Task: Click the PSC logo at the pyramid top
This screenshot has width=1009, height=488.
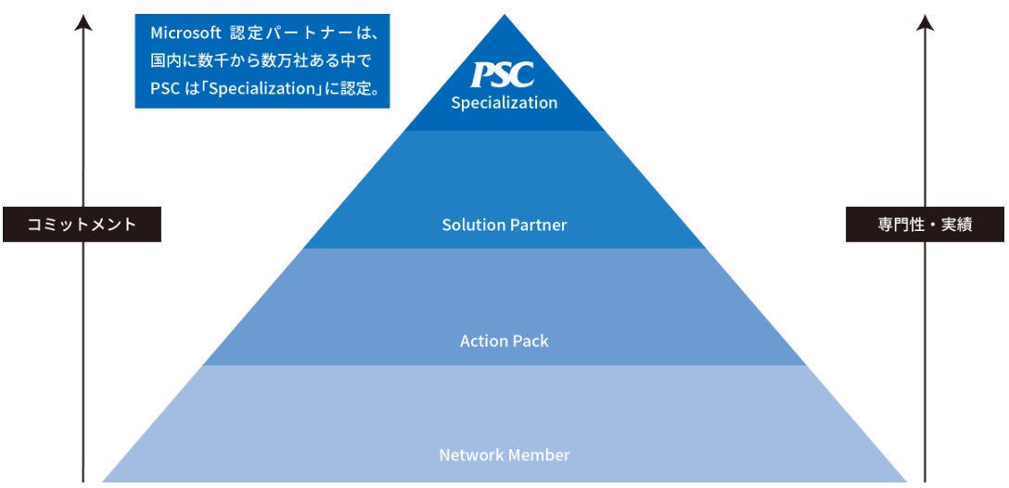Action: [x=503, y=75]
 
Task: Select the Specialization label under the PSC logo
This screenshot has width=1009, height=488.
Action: [x=504, y=103]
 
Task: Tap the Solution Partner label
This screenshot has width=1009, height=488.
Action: [x=504, y=225]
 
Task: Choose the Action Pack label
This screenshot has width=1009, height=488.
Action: [x=504, y=341]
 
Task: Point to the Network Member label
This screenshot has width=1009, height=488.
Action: [x=504, y=456]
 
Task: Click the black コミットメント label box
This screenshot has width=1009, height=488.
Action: [x=82, y=225]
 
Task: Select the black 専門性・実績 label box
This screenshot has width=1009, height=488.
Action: [x=925, y=225]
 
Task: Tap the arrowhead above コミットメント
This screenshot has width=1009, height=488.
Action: [x=83, y=22]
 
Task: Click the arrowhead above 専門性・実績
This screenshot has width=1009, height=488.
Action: [x=925, y=22]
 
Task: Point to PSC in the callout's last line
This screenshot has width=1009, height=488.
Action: [x=164, y=90]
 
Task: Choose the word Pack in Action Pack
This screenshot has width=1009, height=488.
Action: [x=530, y=341]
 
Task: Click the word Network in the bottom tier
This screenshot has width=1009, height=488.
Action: [x=468, y=456]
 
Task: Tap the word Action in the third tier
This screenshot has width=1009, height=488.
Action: [x=483, y=341]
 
